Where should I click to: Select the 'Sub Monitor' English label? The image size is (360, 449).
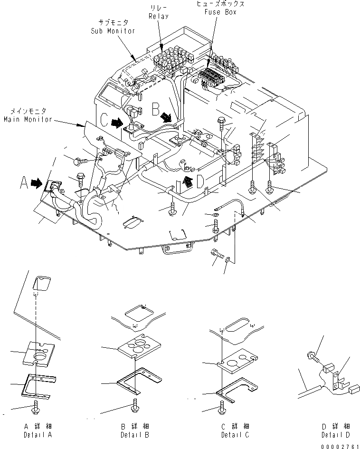(113, 31)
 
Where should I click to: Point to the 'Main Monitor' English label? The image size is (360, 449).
(28, 119)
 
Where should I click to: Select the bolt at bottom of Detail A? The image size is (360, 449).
(37, 407)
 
